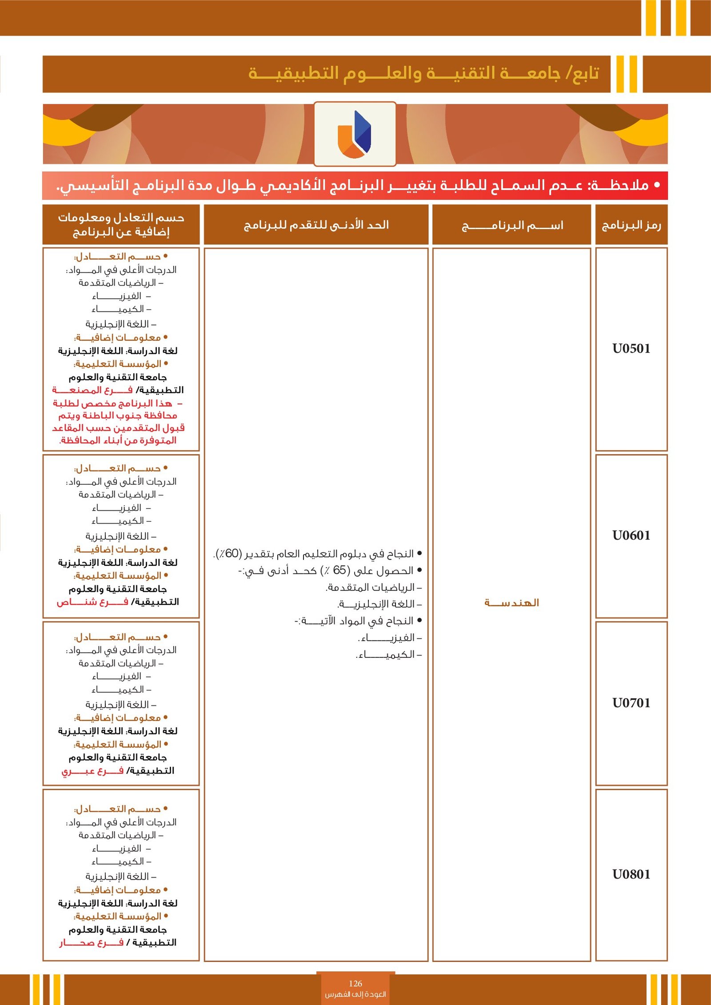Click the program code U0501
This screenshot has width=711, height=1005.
tap(631, 349)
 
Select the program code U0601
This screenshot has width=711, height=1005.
tap(631, 536)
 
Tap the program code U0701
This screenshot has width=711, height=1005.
tap(631, 703)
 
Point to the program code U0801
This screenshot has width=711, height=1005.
tap(631, 874)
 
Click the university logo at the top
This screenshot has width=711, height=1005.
tap(355, 134)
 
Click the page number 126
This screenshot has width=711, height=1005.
tap(355, 983)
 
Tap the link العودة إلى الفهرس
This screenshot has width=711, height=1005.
tap(355, 994)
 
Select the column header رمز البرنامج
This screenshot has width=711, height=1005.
tap(631, 226)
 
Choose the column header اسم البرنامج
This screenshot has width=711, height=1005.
tap(512, 226)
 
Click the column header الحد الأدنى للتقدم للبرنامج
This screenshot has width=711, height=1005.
tap(316, 225)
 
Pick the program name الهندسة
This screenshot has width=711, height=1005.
tap(511, 603)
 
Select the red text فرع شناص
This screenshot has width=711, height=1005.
tap(92, 602)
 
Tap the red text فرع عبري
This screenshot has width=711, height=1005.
tap(92, 771)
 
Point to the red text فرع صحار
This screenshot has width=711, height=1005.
tap(92, 942)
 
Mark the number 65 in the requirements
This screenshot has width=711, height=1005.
tap(340, 570)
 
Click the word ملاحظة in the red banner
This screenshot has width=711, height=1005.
tap(619, 185)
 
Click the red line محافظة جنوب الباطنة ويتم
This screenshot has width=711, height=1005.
tap(118, 415)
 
